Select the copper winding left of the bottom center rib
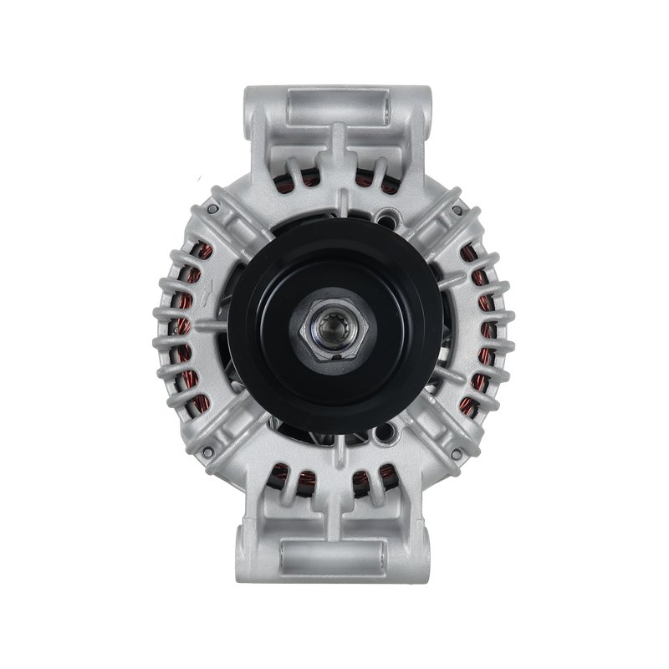point(297,481)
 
